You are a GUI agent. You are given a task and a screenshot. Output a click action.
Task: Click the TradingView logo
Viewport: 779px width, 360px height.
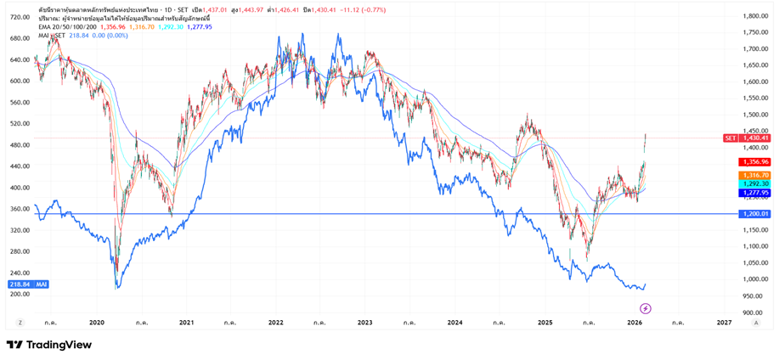pos(49,345)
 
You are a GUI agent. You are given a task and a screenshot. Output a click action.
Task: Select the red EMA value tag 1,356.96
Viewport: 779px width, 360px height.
pos(754,161)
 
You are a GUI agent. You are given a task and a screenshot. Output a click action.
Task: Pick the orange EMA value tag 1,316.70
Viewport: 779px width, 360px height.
pos(754,175)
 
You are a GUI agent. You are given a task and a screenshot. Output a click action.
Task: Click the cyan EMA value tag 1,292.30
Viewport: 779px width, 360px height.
pos(754,183)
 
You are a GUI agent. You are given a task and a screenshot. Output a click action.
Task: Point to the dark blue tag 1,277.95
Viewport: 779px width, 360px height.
pos(754,193)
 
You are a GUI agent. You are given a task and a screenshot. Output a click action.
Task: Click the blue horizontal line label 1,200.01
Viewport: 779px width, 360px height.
pos(754,214)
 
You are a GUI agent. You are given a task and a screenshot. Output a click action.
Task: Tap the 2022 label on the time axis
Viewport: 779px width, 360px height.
pos(275,323)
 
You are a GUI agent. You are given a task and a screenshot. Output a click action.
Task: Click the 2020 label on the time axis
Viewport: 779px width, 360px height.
pos(96,323)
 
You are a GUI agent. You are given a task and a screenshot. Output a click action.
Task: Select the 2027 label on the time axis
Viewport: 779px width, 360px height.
pos(724,323)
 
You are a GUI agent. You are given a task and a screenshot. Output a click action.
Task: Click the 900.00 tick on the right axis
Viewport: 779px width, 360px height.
pos(752,312)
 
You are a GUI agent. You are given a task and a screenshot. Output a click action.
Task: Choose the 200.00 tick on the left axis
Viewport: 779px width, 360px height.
pos(20,294)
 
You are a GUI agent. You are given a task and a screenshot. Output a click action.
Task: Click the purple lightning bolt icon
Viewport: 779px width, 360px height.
pos(646,308)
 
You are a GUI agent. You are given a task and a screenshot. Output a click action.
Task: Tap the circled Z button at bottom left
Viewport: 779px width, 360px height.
pos(20,323)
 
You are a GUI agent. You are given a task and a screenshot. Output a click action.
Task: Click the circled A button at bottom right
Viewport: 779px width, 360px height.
pos(756,323)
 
